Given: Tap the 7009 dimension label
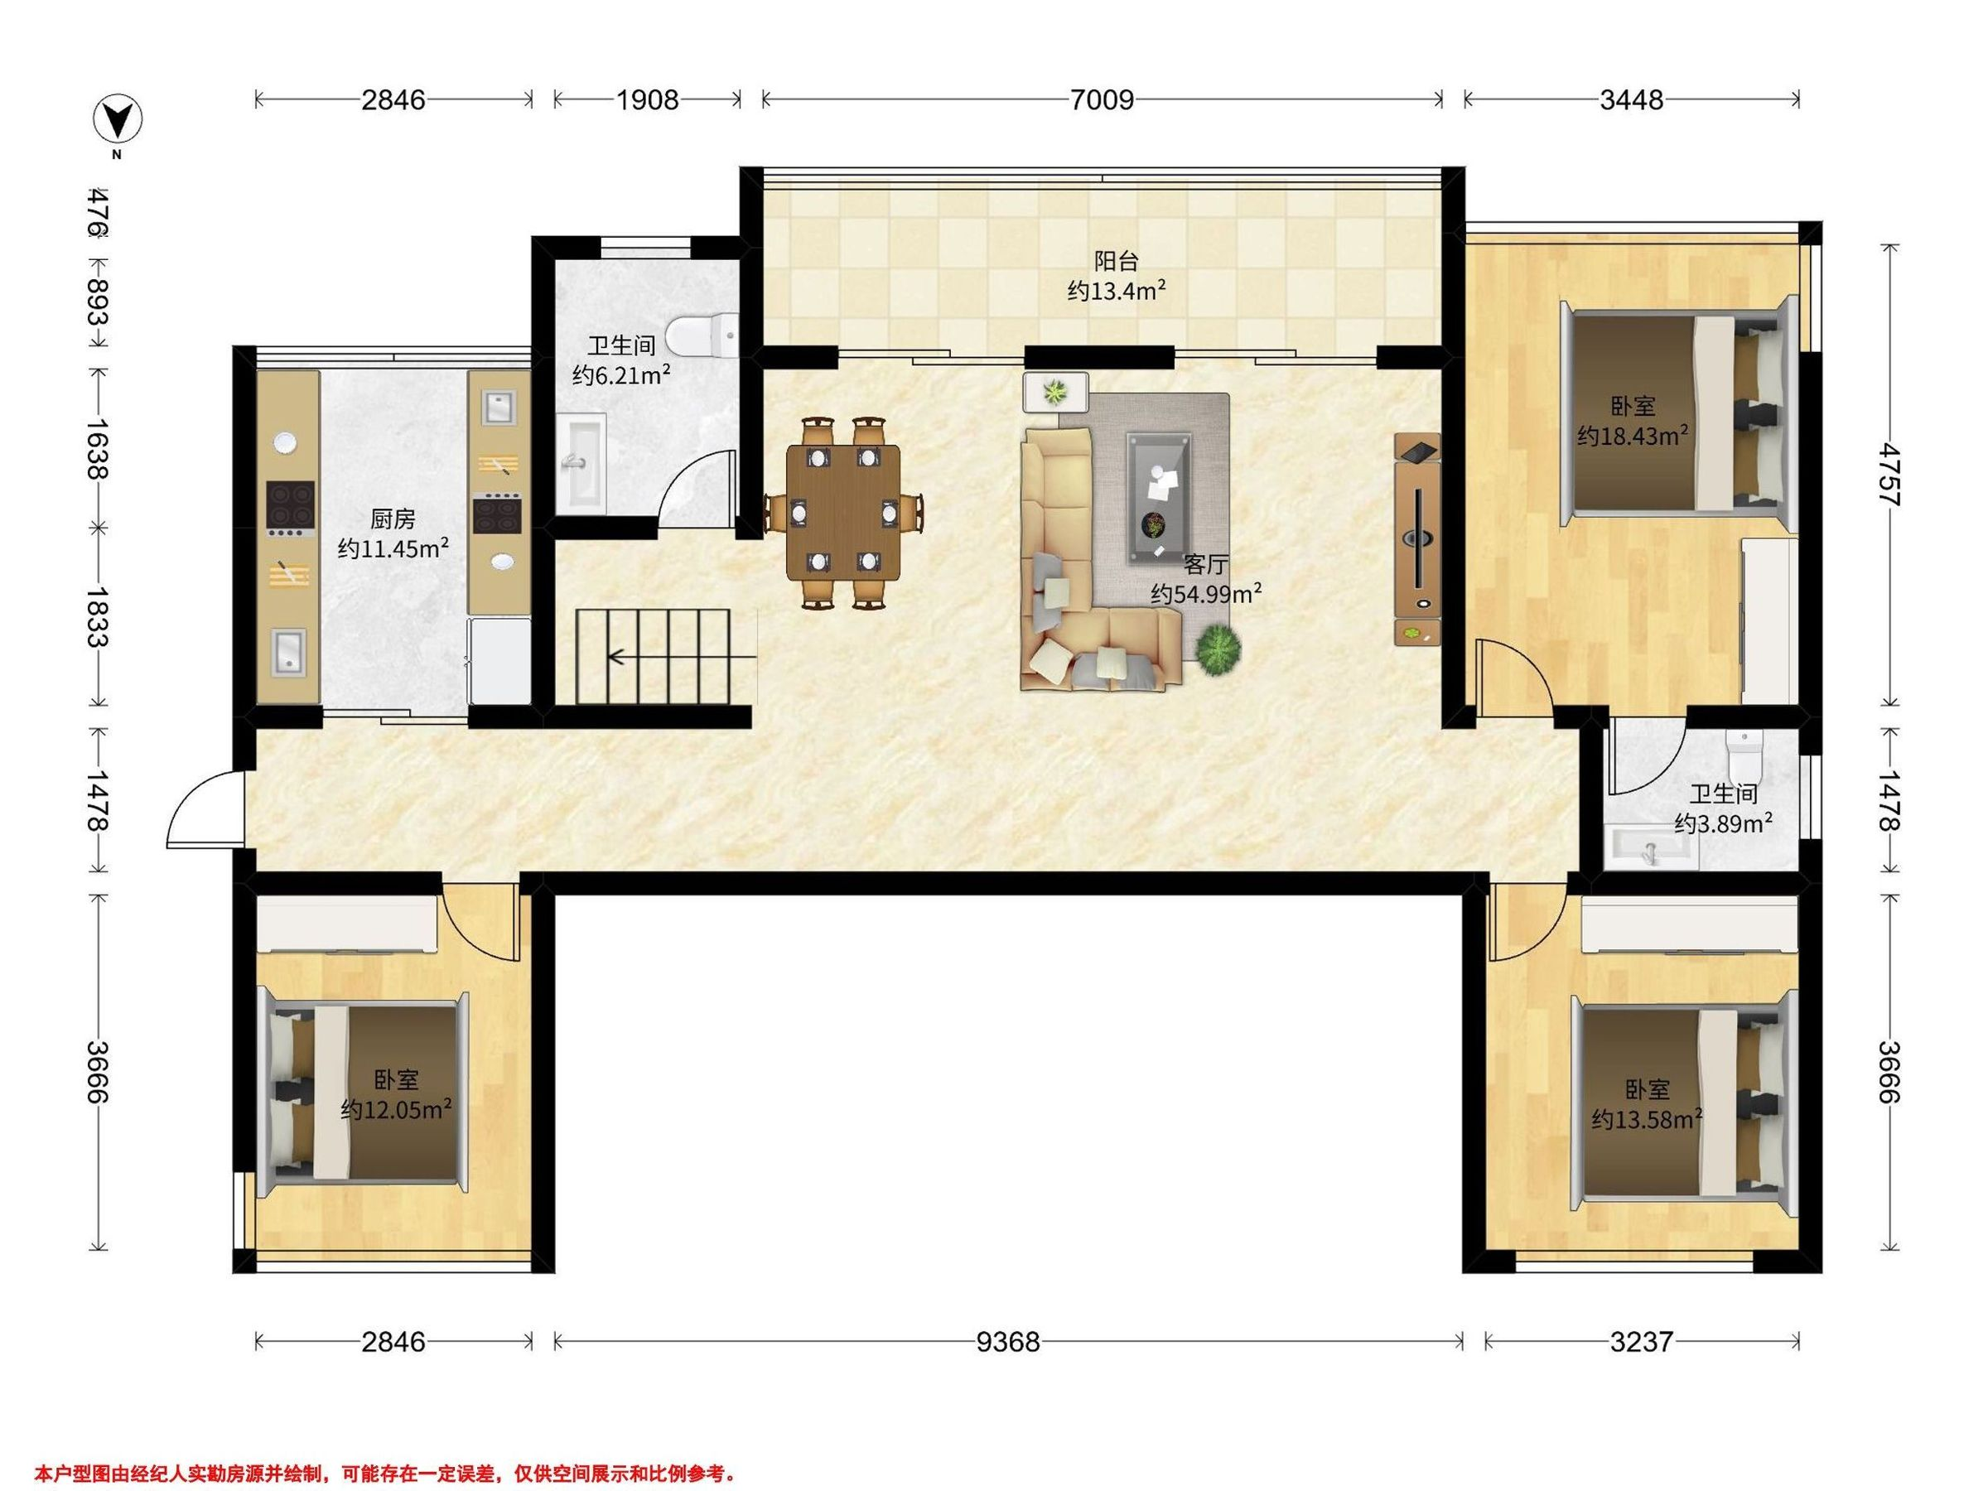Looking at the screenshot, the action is (1102, 99).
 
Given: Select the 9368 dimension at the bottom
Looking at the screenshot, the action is (1008, 1342).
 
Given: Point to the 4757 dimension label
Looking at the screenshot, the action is (1889, 475).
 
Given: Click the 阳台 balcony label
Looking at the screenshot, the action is (1117, 262).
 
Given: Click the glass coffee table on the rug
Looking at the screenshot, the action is (1160, 497).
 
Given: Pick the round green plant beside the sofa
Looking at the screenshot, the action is (1218, 649).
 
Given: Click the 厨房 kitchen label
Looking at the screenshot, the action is (393, 519).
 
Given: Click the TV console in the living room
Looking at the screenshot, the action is (1417, 539).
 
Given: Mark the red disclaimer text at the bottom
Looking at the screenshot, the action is (385, 1474).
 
